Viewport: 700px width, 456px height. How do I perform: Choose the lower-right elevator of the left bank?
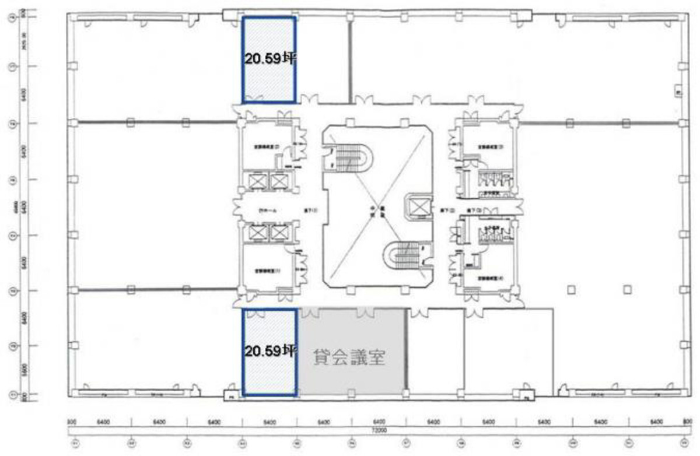click(280, 233)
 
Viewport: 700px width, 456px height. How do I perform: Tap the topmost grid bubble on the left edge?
click(10, 18)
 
